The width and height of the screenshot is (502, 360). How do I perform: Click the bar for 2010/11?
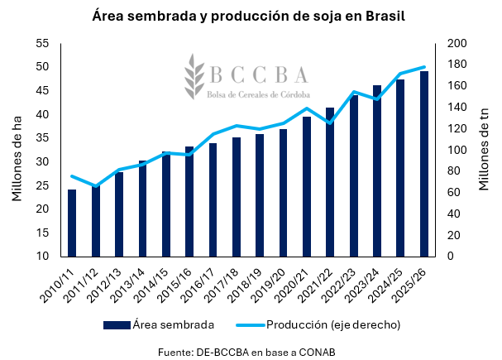point(72,223)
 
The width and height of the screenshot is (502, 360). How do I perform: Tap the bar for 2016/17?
point(213,199)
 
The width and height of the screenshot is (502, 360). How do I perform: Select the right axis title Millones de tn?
point(485,150)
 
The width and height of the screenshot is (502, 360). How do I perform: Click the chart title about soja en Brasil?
point(250,16)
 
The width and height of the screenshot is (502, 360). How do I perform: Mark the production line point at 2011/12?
point(95,186)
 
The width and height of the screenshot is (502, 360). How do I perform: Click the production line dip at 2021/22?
point(330,123)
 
